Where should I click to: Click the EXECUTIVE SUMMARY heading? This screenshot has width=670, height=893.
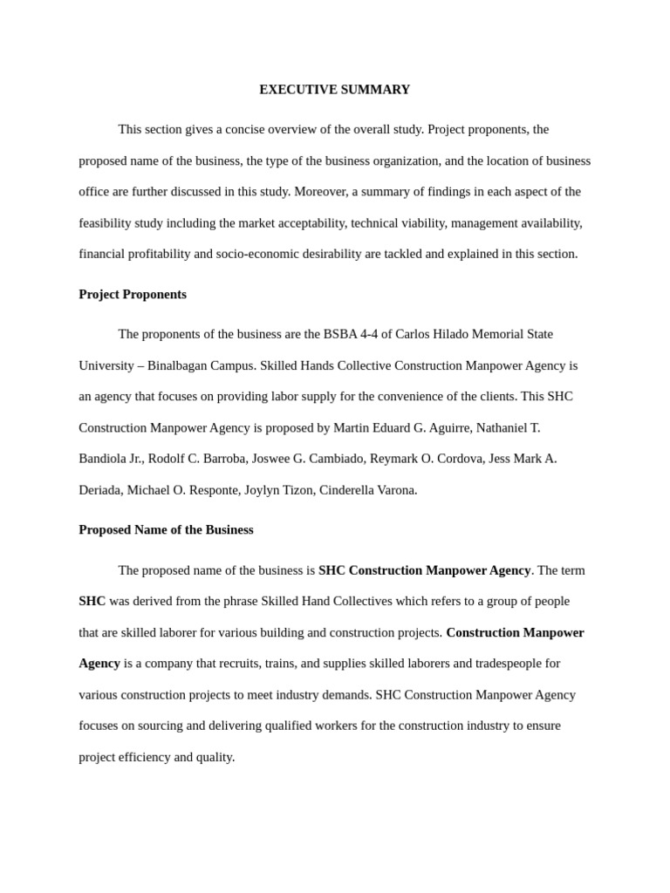(334, 90)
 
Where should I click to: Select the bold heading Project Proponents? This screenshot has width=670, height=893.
(133, 295)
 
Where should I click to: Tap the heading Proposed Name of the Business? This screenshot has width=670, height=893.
(166, 530)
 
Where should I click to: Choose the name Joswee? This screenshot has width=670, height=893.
(270, 459)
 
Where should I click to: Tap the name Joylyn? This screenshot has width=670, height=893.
(262, 490)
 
